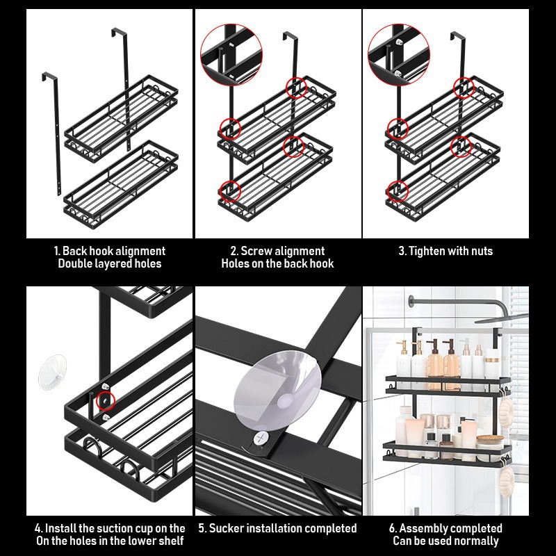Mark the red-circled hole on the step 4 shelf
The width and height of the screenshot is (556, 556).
click(x=106, y=400)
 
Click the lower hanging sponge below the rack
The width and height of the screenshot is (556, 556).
click(x=505, y=480)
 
